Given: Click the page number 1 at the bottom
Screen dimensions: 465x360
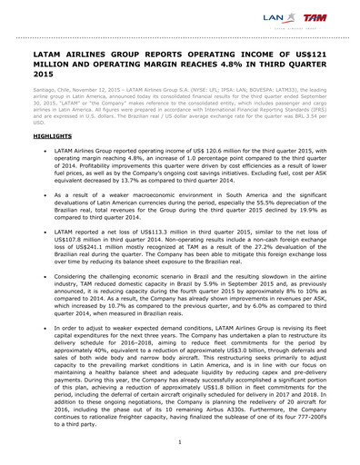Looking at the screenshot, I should (180, 441).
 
